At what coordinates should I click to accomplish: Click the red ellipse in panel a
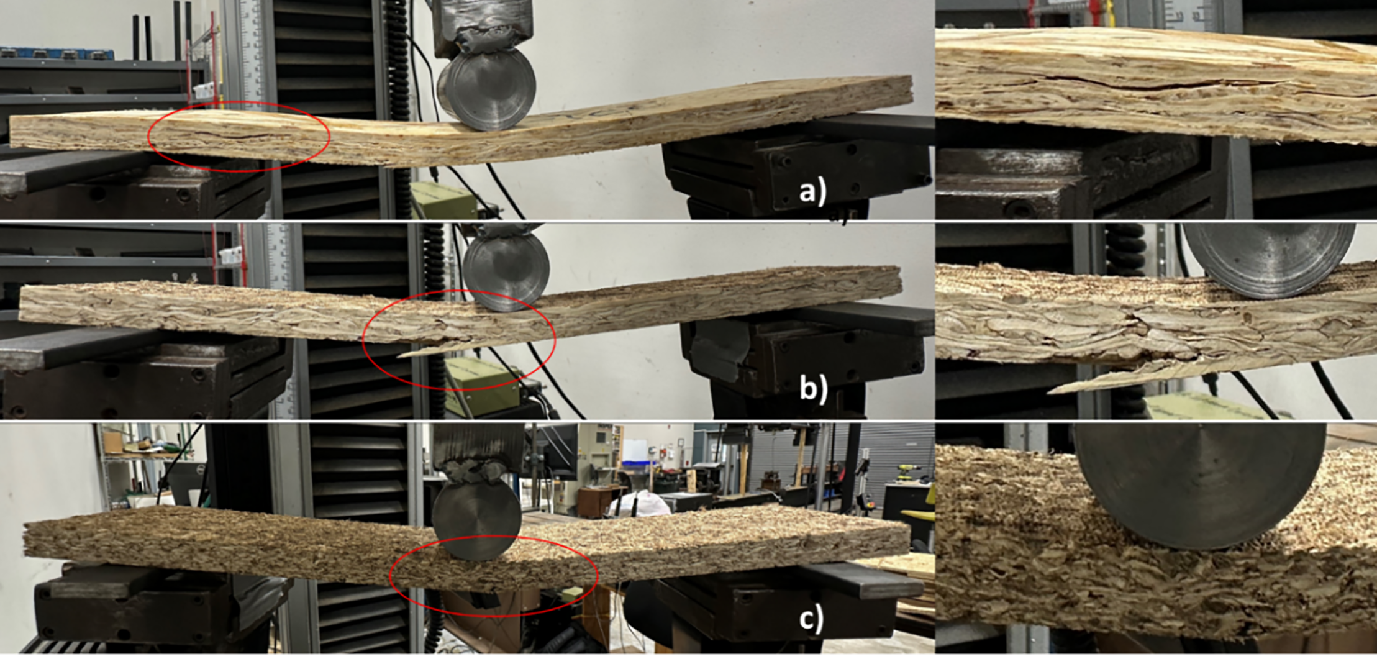[239, 136]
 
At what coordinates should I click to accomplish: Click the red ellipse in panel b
[459, 340]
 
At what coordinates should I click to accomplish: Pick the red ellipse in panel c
[494, 575]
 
